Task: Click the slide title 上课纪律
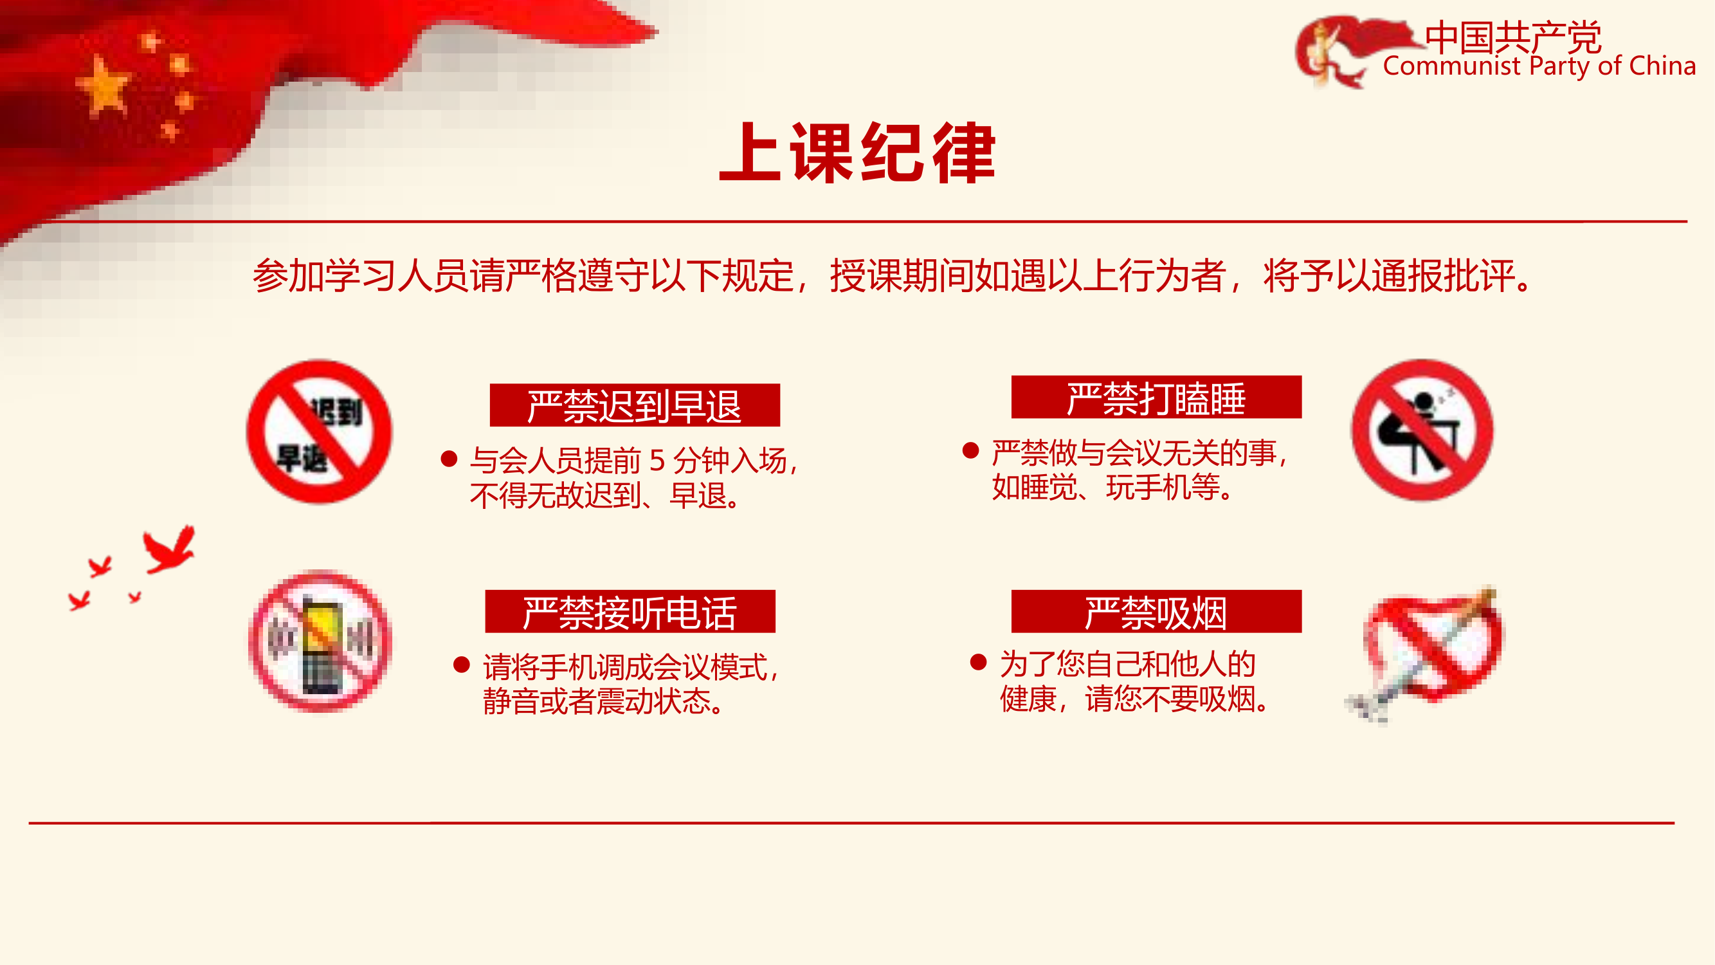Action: pos(858,152)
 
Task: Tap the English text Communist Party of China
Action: pos(1539,66)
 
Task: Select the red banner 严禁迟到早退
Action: pos(635,405)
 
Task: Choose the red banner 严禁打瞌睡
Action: pos(1156,397)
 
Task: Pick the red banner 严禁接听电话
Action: pos(630,611)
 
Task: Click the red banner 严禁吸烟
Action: pos(1156,611)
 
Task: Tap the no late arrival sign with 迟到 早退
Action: pos(320,432)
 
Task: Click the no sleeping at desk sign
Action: pos(1422,430)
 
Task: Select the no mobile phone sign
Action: pos(320,641)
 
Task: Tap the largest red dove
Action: pos(169,550)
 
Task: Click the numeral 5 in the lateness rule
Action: pos(657,460)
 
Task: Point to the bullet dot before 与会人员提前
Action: pos(449,459)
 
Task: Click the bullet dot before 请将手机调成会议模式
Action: pos(461,665)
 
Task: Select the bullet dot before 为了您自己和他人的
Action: pos(978,662)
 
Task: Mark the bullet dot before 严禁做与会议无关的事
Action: pos(971,451)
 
